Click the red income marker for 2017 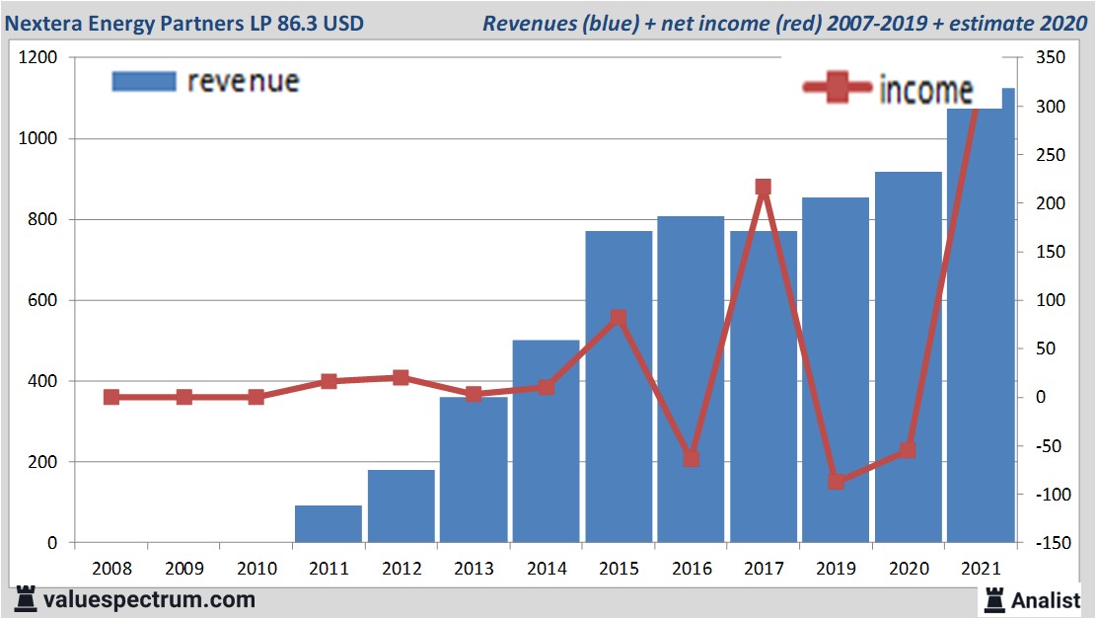(x=763, y=187)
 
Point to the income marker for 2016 (x=691, y=458)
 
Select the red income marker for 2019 (x=837, y=482)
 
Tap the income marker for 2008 (x=111, y=397)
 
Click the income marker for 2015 (x=619, y=318)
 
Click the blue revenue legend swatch (x=144, y=81)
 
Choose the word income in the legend (x=925, y=90)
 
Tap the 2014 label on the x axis (x=547, y=570)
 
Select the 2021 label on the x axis (x=982, y=570)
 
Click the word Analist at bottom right (x=1049, y=599)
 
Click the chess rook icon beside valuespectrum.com (x=26, y=599)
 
